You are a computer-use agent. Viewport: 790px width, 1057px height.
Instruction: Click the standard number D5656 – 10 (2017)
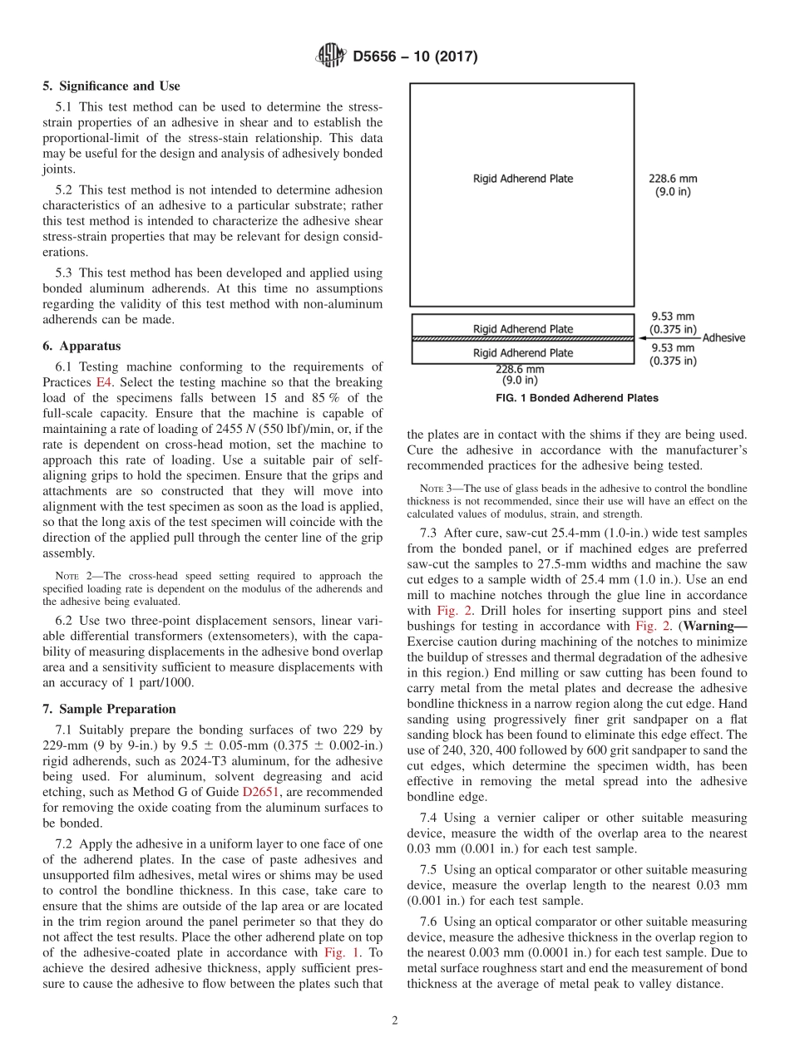pyautogui.click(x=415, y=57)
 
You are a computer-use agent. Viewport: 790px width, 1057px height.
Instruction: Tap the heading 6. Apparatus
pyautogui.click(x=81, y=346)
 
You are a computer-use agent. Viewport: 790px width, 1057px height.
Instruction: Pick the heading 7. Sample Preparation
pyautogui.click(x=109, y=709)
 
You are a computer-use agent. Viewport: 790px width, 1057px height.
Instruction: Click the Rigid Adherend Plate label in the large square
pyautogui.click(x=523, y=178)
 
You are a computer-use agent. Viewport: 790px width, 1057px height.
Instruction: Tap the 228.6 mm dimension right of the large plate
pyautogui.click(x=673, y=178)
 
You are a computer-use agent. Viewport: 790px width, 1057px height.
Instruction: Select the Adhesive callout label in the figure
pyautogui.click(x=723, y=338)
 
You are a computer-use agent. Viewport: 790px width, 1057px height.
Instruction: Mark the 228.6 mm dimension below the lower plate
pyautogui.click(x=520, y=370)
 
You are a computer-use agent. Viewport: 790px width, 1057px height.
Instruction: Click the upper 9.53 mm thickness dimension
pyautogui.click(x=673, y=317)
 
